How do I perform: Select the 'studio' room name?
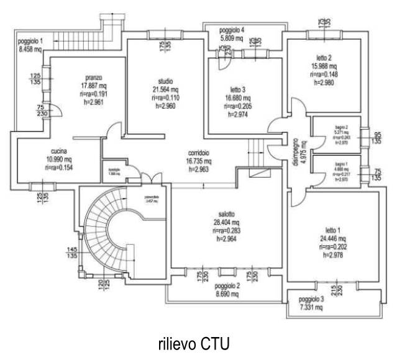click(165, 82)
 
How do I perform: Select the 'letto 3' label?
click(239, 90)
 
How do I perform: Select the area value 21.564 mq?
click(165, 90)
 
